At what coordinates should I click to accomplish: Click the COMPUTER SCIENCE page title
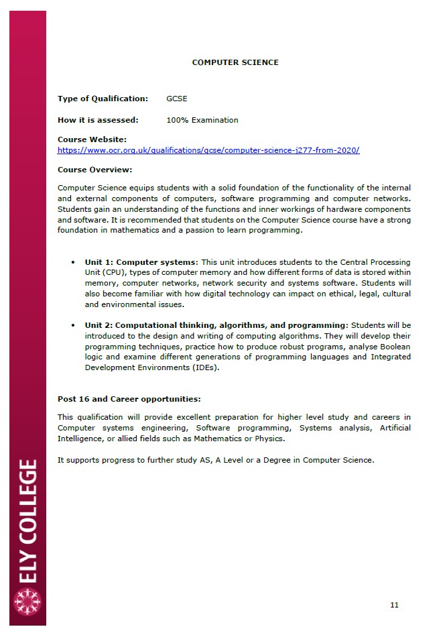(235, 62)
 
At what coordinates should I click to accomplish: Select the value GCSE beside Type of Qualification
(177, 99)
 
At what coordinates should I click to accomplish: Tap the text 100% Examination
(202, 120)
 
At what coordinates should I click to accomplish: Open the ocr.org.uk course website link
(208, 150)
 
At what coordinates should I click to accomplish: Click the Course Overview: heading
(94, 170)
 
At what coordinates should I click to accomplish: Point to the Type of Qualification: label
(103, 99)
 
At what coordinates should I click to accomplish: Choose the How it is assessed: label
(98, 120)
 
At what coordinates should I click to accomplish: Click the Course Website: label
(92, 139)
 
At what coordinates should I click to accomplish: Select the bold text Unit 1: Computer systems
(141, 262)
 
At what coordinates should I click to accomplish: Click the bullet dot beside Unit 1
(73, 262)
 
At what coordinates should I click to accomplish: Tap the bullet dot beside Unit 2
(73, 325)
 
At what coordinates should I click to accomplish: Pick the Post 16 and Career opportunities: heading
(129, 399)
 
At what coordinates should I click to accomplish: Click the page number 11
(394, 605)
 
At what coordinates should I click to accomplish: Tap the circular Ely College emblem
(27, 601)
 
